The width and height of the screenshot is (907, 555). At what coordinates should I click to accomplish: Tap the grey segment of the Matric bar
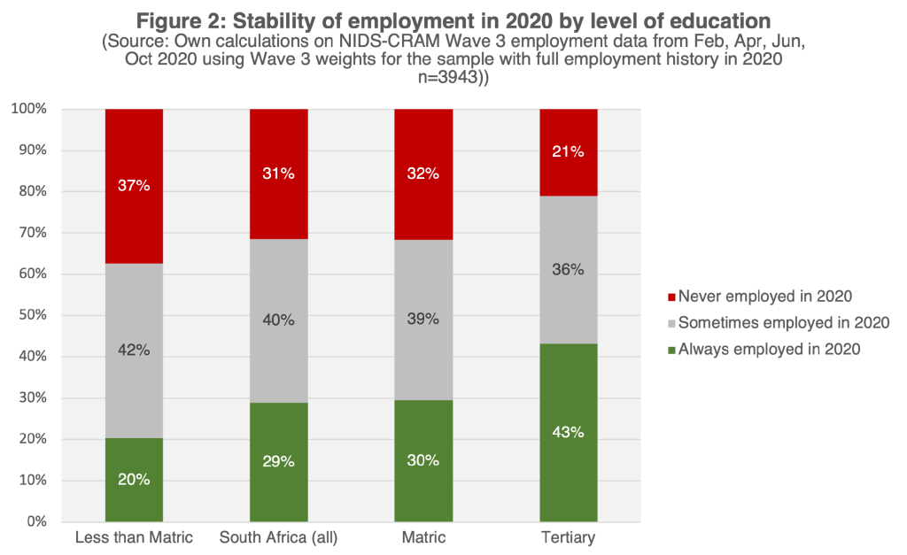(423, 354)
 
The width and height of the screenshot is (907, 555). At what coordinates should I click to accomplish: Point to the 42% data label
(134, 350)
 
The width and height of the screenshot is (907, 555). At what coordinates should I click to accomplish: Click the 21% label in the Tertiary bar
(569, 151)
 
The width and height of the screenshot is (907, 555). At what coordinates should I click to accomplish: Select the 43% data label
(569, 432)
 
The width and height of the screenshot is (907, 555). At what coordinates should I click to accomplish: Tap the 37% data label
(134, 186)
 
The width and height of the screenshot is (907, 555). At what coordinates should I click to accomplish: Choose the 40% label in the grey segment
(279, 320)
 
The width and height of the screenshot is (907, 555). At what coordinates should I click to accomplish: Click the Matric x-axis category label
(423, 537)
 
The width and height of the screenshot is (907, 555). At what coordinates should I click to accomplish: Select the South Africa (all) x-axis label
(279, 537)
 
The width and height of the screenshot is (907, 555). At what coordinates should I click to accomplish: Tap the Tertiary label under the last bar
(569, 537)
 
